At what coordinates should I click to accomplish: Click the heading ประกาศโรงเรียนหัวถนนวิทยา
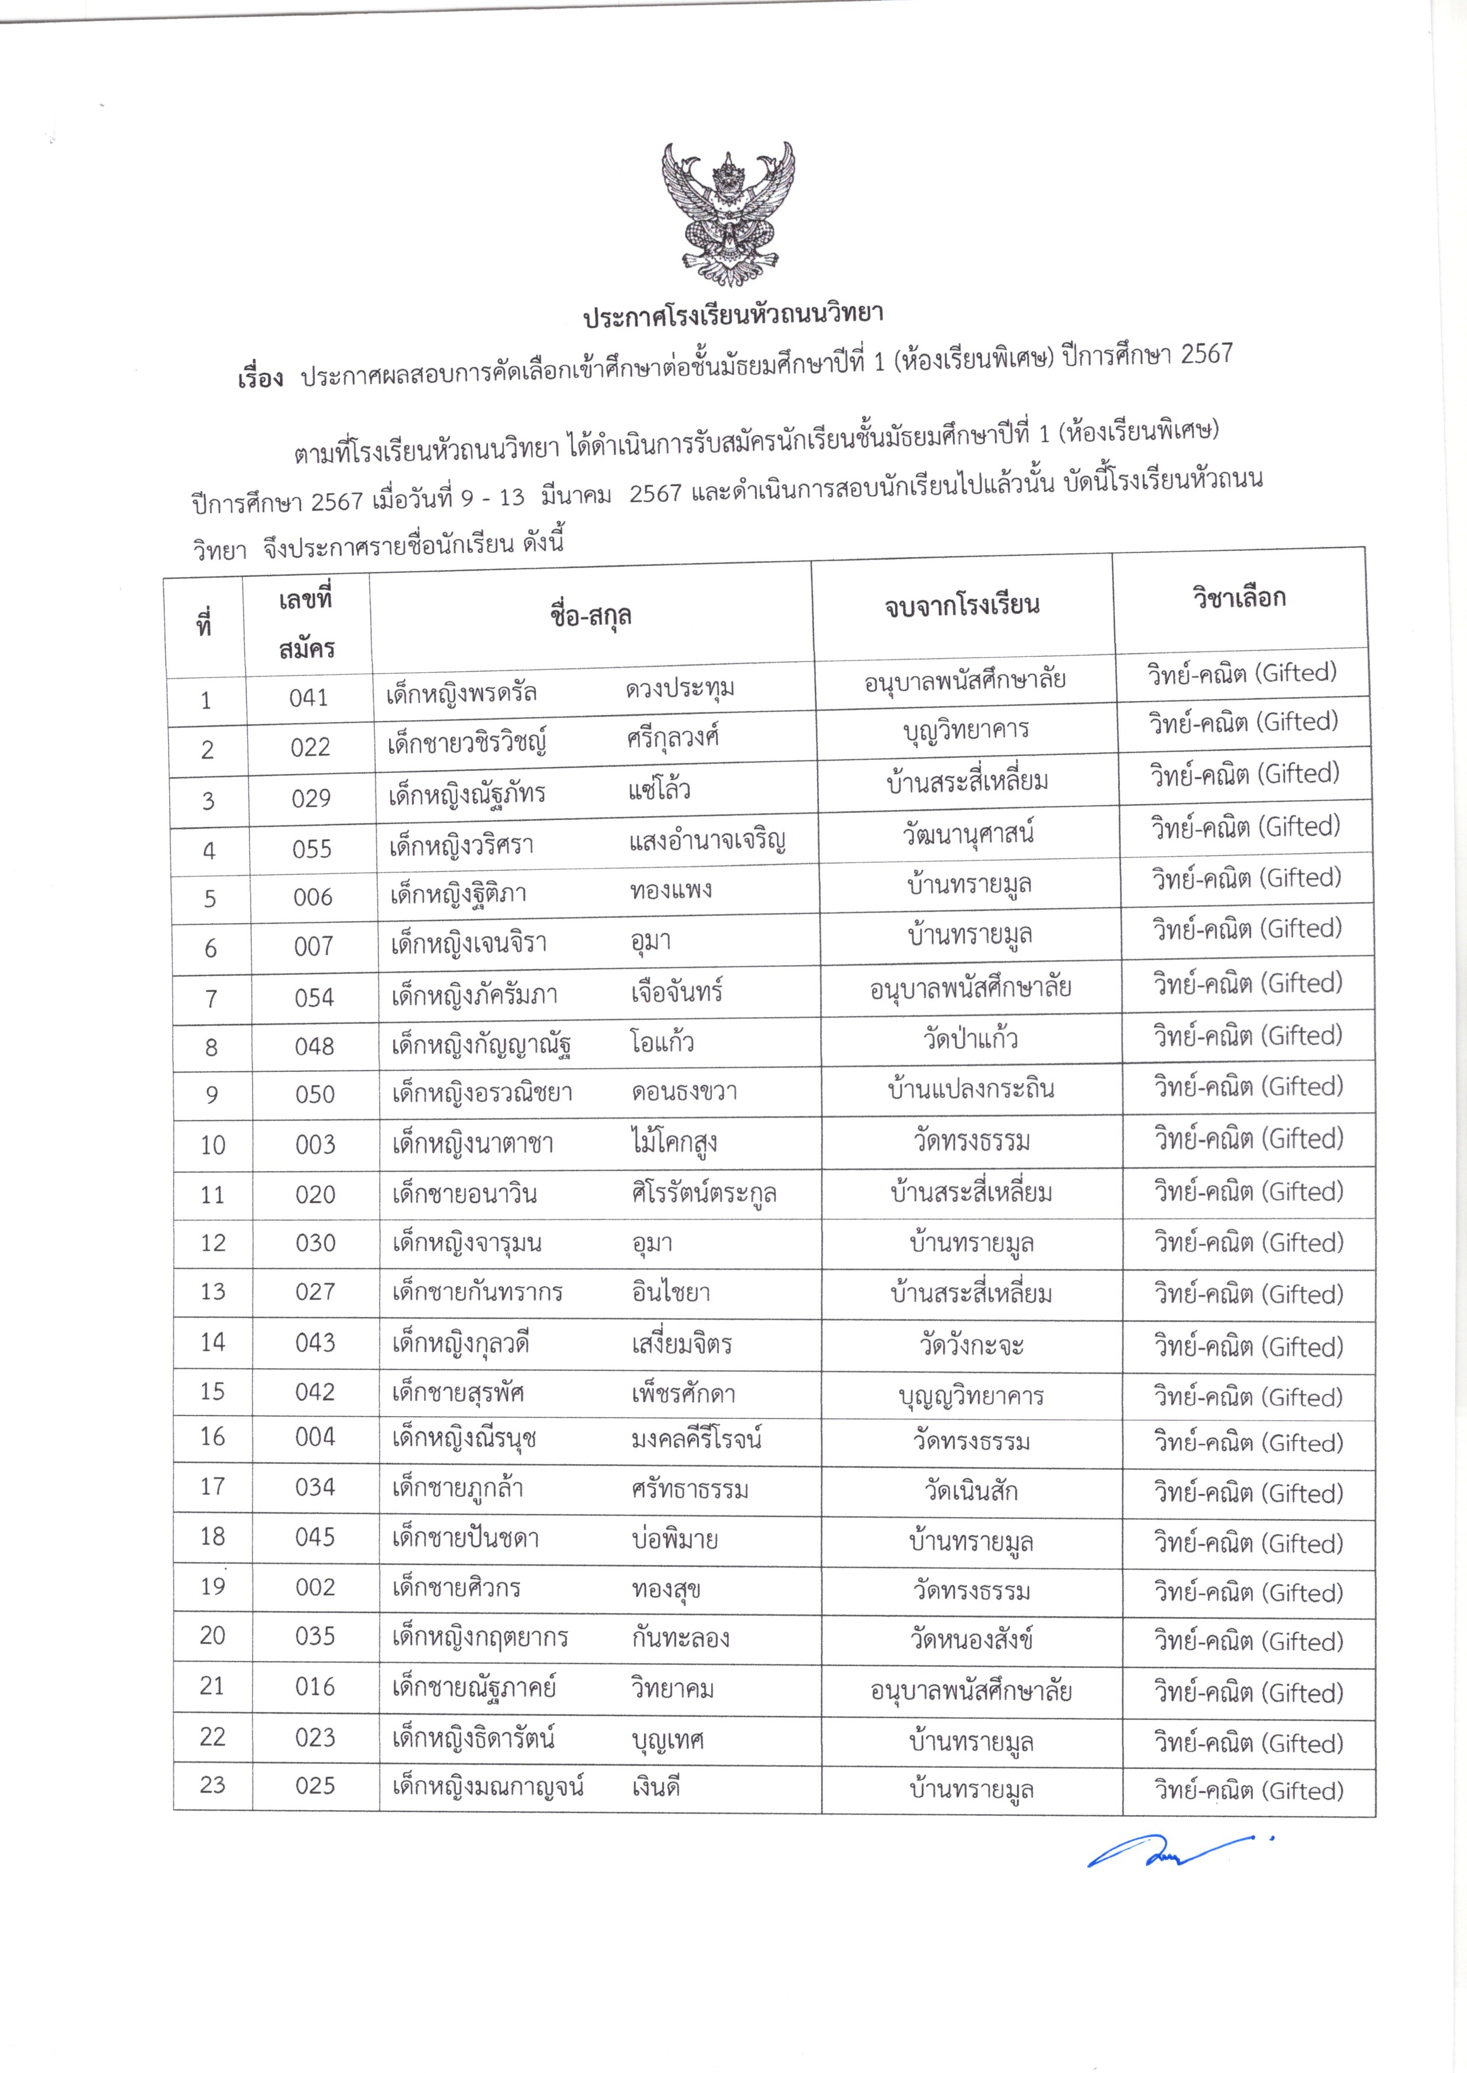point(733,315)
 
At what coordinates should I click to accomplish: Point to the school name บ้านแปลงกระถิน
point(971,1089)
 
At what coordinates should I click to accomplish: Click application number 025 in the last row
point(315,1786)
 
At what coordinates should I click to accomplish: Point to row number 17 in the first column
point(212,1487)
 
